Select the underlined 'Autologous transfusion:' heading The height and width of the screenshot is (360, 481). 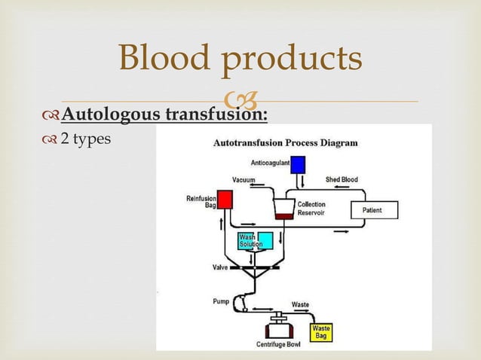click(164, 114)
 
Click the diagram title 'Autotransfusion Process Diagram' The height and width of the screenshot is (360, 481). click(286, 142)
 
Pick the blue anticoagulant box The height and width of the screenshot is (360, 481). click(297, 164)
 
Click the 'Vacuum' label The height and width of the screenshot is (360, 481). click(243, 180)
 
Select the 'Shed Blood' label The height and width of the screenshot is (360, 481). click(342, 180)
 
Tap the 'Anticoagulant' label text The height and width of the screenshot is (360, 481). click(270, 161)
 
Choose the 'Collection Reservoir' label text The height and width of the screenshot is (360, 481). click(311, 209)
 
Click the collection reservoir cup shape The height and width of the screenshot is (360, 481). click(283, 209)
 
